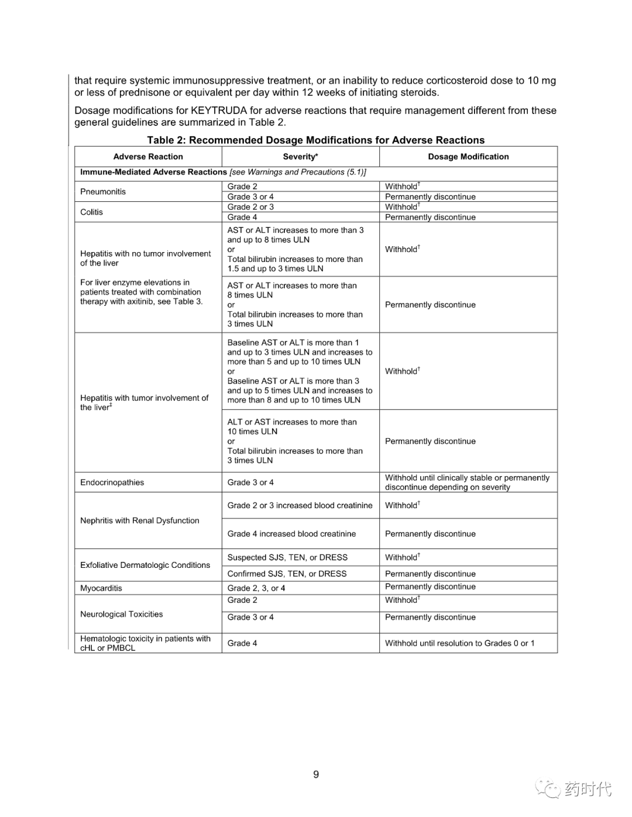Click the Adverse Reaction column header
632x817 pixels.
click(148, 157)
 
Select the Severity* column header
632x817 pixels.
click(300, 157)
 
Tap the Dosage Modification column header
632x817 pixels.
click(468, 157)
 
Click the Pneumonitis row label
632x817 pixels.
click(103, 192)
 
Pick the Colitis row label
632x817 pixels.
click(91, 212)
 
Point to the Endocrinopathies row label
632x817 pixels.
click(112, 482)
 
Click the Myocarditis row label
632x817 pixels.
click(101, 588)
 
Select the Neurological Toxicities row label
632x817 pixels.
click(122, 614)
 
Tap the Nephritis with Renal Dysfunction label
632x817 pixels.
click(140, 520)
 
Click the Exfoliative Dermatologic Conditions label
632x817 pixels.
click(145, 565)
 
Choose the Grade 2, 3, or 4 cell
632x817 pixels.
click(256, 588)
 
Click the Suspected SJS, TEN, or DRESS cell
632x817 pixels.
click(287, 558)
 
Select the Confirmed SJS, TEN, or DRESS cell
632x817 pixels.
click(287, 574)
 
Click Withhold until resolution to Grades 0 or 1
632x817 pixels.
click(459, 643)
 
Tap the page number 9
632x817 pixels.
click(316, 774)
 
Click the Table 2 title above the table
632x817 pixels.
click(315, 140)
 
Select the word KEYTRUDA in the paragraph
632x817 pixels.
click(218, 111)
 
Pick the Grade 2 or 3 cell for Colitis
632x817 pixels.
click(250, 207)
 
